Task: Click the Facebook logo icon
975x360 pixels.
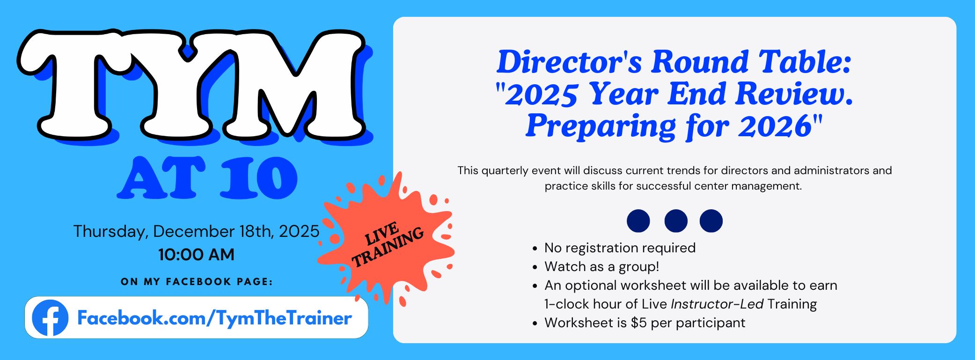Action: pos(50,318)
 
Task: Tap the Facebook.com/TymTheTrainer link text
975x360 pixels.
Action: pos(214,318)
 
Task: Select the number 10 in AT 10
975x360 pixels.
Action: pos(259,178)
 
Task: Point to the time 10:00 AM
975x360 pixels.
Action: pos(196,255)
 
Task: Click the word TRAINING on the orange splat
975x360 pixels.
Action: pos(388,248)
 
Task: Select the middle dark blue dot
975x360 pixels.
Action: pos(676,221)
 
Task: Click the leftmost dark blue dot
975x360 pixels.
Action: pos(638,221)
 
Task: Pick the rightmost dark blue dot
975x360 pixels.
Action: pos(711,221)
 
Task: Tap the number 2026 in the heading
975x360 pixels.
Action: pos(775,126)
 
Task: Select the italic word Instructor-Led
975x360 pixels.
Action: pos(717,304)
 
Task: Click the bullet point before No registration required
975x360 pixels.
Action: pos(535,249)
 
